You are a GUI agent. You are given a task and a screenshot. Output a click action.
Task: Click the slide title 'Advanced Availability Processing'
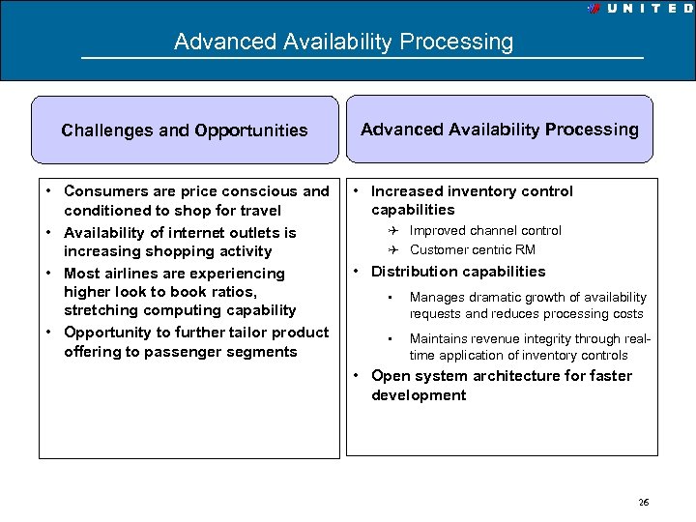point(343,43)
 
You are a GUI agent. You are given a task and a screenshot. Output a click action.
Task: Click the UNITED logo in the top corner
point(637,8)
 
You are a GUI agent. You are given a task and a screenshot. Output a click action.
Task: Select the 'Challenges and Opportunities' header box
point(185,130)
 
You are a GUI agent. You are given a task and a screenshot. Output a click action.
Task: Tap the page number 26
point(644,502)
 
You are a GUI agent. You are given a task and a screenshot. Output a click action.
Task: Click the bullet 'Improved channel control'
point(484,231)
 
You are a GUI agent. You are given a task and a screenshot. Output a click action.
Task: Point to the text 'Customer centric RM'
point(472,250)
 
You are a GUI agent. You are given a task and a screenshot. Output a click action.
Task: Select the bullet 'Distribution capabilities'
point(458,272)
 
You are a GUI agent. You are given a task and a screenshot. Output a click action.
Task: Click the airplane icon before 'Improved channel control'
point(396,231)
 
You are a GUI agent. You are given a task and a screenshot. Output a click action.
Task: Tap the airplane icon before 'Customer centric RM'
point(396,250)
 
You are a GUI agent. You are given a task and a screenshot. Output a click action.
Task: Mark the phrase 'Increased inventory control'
point(472,191)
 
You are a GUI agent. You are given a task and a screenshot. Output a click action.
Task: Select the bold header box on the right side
point(499,130)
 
